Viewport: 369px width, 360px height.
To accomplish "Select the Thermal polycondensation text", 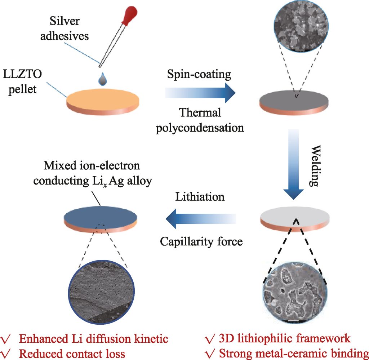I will (x=200, y=120).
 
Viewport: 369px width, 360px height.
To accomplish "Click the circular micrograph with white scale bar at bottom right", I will (x=295, y=292).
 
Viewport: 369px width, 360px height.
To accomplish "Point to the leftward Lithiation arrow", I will (x=200, y=218).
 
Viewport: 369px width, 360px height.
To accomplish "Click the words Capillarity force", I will (x=201, y=241).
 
